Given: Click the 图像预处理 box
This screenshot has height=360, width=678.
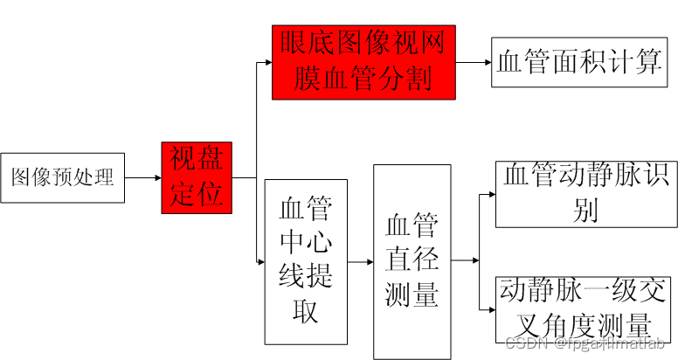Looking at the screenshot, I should [62, 177].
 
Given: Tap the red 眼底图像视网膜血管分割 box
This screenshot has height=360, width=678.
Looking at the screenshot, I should [363, 62].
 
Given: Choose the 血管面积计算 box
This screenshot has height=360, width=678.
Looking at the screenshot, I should [579, 62].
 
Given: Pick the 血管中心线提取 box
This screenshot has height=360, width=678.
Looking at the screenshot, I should [306, 261].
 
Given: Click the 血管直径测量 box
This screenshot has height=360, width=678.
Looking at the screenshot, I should [412, 261].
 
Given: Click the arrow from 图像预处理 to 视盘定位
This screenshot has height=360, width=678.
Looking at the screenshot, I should [143, 177].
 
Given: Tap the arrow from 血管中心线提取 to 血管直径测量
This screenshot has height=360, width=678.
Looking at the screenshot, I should [360, 261].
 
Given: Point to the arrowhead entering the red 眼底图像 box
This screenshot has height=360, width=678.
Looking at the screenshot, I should [266, 62].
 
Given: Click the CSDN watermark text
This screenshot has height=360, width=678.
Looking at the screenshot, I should [524, 343].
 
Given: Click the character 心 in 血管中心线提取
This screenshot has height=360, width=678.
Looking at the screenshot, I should [319, 241].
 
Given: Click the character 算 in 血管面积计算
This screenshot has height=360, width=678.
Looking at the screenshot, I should [647, 62].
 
